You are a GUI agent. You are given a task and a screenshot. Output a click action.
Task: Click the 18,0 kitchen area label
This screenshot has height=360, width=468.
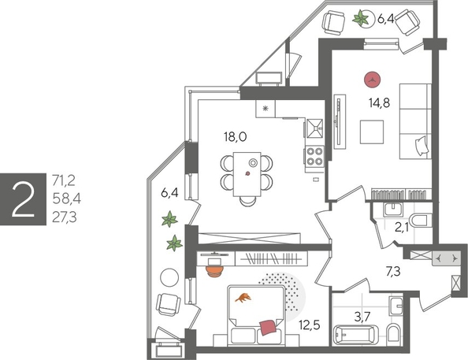coord(236,136)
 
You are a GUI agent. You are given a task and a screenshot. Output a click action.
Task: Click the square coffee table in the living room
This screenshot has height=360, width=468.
coord(372,132)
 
